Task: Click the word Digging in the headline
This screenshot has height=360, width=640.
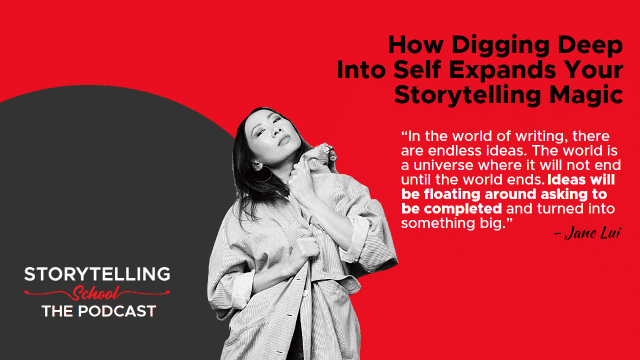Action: tap(501, 45)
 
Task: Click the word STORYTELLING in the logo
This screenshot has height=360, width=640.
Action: tap(97, 274)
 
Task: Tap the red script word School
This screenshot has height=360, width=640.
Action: tap(96, 293)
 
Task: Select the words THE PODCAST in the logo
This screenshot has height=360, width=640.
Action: tap(99, 311)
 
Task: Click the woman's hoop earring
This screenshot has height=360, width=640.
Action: tap(263, 174)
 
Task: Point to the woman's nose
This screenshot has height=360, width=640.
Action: tap(277, 131)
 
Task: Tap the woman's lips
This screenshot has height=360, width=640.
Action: tap(283, 140)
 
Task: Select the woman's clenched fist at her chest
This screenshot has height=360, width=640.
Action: tap(304, 249)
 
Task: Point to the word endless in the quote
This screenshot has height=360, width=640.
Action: tap(455, 151)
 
